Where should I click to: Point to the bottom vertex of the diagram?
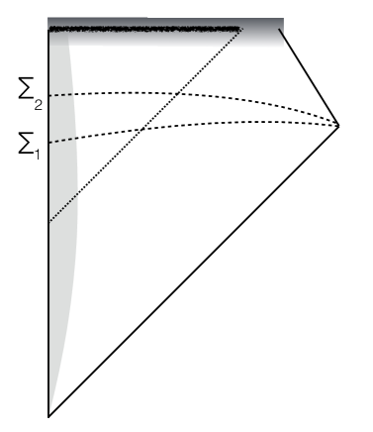point(48,416)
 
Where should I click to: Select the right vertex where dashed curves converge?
point(339,125)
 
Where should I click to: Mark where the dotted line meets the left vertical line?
point(48,222)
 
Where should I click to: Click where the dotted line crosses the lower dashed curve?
point(144,129)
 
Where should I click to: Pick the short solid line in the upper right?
point(310,76)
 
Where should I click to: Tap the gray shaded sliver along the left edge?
point(61,198)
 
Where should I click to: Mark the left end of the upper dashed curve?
point(49,95)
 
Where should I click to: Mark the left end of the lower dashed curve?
point(49,144)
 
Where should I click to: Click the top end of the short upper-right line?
point(280,30)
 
